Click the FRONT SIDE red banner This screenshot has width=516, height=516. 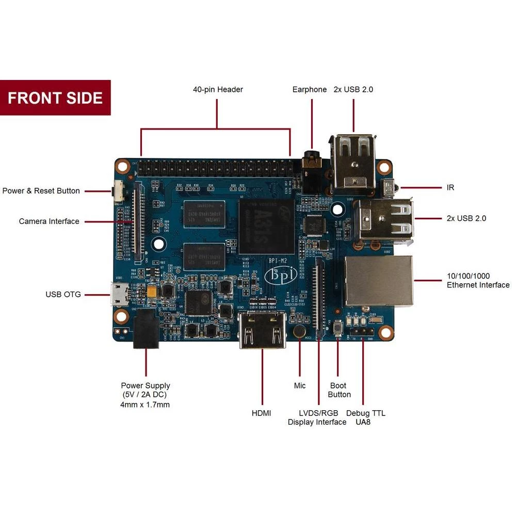point(55,98)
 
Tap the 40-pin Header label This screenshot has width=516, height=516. point(218,89)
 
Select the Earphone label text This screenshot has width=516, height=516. point(310,89)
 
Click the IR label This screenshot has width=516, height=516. point(450,188)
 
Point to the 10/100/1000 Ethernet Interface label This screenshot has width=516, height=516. point(478,280)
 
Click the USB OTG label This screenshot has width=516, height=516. point(63,295)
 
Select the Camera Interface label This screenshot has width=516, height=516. point(49,221)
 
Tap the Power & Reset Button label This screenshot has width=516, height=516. point(41,191)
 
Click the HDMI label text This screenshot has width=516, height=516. point(261,413)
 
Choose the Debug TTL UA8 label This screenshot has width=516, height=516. point(365,417)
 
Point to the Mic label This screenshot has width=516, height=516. point(300,385)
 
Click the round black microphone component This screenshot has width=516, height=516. point(299,331)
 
